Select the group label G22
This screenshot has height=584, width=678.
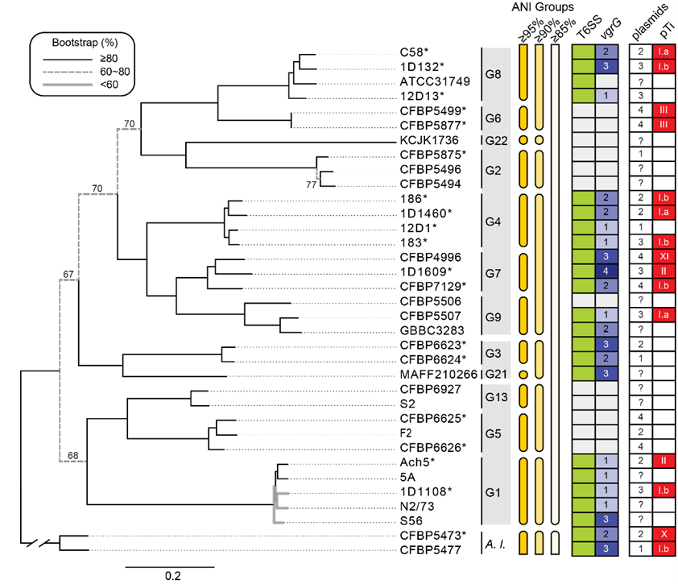tap(494, 140)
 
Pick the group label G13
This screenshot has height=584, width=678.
tap(494, 396)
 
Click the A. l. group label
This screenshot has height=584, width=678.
tap(494, 543)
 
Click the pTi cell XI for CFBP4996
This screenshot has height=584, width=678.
tap(664, 257)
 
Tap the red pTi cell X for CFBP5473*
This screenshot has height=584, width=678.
tap(664, 535)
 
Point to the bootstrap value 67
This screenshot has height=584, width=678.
tap(70, 276)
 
